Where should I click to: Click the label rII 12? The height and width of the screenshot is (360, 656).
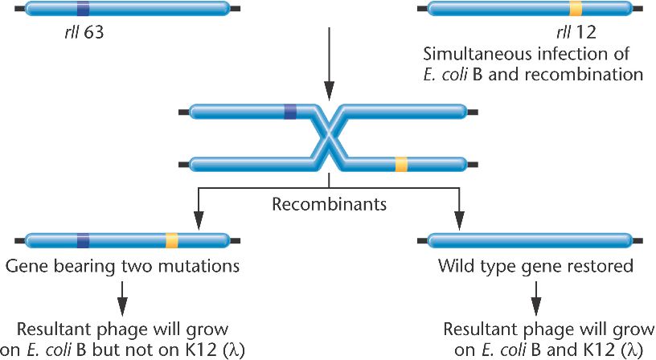tap(563, 35)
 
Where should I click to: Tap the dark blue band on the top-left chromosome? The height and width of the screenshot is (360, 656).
tap(83, 10)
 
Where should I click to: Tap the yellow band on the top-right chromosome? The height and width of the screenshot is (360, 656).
tap(576, 10)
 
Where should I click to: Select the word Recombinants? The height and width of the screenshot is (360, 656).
tap(329, 204)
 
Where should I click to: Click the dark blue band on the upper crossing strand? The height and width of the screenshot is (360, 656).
tap(290, 112)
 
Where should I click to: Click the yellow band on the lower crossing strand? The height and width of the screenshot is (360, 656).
tap(400, 165)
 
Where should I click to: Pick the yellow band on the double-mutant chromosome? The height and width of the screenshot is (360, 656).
tap(171, 239)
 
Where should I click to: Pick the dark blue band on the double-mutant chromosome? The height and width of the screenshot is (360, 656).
tap(83, 239)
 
